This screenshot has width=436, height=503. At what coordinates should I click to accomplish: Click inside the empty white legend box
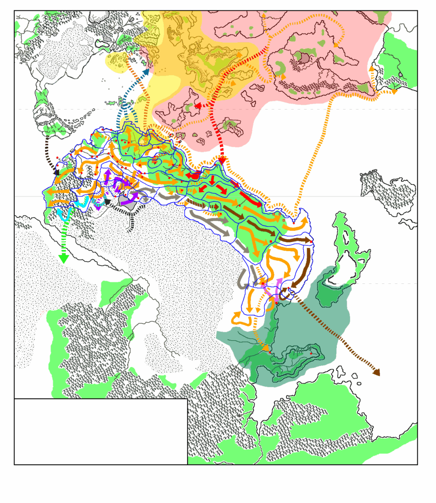pos(101,431)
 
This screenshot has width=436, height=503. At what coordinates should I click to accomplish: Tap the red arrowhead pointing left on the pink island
pos(198,106)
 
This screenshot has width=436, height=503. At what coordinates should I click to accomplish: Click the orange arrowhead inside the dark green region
pos(266,348)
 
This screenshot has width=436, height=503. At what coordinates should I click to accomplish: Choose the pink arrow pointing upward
pos(279,283)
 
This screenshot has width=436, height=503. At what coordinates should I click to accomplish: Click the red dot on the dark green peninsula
pos(311,353)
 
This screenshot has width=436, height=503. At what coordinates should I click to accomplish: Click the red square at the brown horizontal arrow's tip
pos(312,240)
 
